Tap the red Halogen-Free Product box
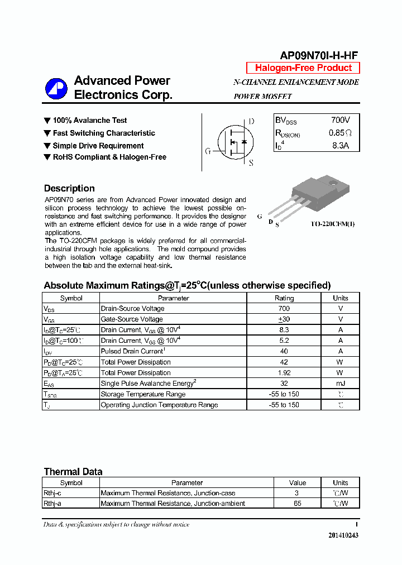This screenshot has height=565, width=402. point(303,68)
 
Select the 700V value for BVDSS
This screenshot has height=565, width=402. point(340,120)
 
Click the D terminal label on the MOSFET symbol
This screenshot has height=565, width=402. point(251,121)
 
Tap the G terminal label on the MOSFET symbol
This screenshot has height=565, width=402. point(208,151)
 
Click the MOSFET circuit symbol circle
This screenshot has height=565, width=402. point(235,142)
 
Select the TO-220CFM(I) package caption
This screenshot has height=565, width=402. point(333,224)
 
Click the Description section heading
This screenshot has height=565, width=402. point(69,188)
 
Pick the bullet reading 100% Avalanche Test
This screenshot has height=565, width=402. point(89,121)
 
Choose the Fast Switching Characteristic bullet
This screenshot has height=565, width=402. point(104,133)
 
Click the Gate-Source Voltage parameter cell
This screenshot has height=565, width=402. point(132,319)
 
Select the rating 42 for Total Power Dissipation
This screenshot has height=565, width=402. point(284,362)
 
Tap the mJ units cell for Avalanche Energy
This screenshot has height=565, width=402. point(340,384)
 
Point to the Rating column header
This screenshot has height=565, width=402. point(284,298)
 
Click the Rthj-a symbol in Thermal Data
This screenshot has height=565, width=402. point(52,504)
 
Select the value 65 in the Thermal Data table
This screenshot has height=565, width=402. point(297,504)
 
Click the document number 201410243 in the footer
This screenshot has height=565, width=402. point(343,535)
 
